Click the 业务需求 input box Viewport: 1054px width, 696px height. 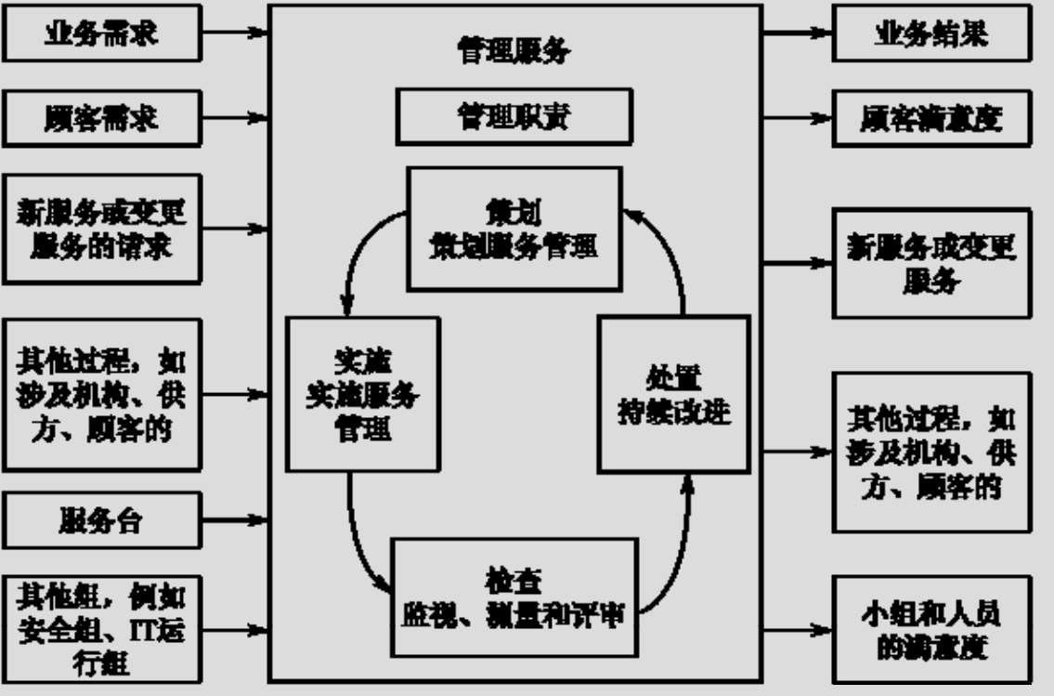pos(101,34)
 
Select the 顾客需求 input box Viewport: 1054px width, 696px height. pos(101,118)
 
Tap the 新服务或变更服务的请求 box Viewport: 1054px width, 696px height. pos(101,228)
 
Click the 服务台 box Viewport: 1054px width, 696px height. pos(101,519)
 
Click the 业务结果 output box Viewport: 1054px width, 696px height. pos(931,34)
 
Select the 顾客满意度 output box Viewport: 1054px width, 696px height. pos(931,118)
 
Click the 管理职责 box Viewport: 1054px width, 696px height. pos(514,116)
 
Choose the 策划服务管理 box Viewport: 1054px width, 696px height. pos(514,228)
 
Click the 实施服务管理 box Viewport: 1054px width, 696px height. pos(362,393)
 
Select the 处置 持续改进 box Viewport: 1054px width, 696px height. pos(674,393)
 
